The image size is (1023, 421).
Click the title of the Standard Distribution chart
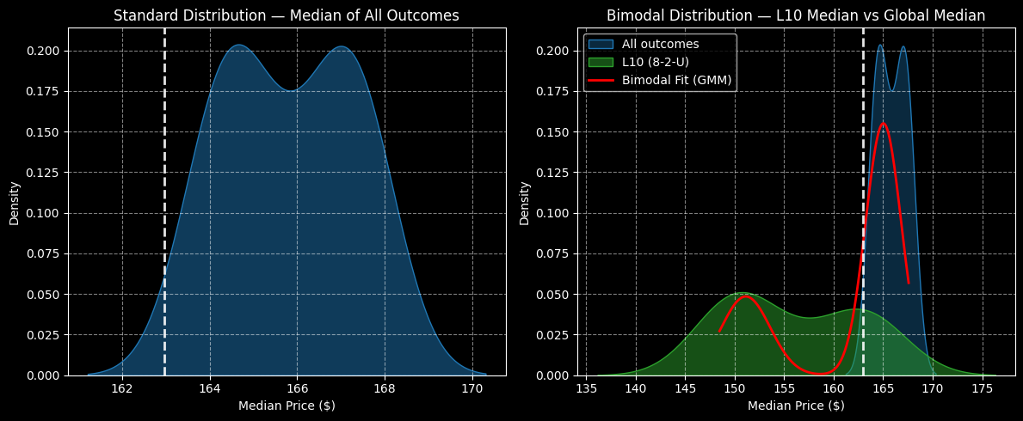tap(286, 15)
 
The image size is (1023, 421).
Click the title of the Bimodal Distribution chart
tap(796, 15)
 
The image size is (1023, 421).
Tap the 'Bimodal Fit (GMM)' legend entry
tap(676, 80)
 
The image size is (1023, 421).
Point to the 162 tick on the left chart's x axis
tap(122, 389)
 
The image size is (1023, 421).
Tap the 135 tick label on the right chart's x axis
tap(586, 389)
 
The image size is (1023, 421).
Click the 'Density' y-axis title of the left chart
tap(15, 203)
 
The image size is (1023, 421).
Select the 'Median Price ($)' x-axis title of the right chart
tap(796, 406)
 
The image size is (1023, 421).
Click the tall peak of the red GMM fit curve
tap(883, 123)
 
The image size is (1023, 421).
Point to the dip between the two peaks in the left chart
tap(292, 90)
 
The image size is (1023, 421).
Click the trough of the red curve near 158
tap(817, 374)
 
